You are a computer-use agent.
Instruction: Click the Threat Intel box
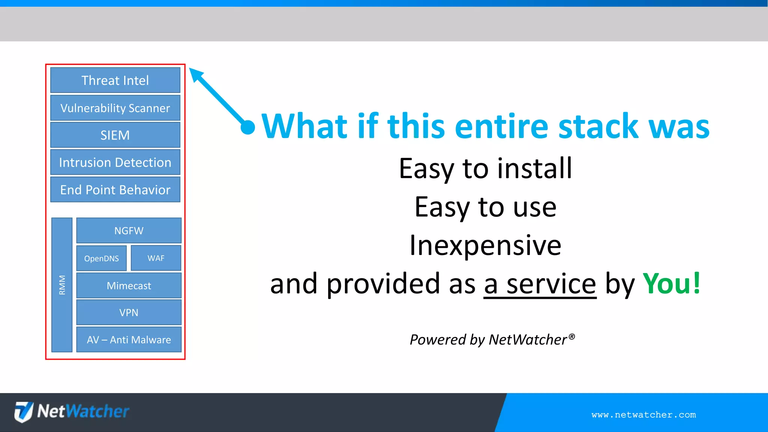pyautogui.click(x=115, y=80)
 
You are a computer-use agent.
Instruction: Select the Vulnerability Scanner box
pyautogui.click(x=115, y=108)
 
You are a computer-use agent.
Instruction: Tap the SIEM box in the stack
pyautogui.click(x=115, y=135)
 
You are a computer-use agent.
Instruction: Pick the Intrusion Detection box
pyautogui.click(x=115, y=162)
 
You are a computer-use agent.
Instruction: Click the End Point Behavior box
pyautogui.click(x=115, y=190)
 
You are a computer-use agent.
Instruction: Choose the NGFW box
pyautogui.click(x=129, y=231)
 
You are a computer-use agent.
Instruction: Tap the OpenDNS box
pyautogui.click(x=101, y=258)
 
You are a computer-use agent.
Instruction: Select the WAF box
pyautogui.click(x=156, y=258)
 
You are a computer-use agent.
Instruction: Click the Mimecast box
pyautogui.click(x=129, y=286)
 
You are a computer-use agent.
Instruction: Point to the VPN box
pyautogui.click(x=129, y=312)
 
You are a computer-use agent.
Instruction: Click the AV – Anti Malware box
pyautogui.click(x=129, y=340)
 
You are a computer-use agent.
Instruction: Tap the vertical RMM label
pyautogui.click(x=62, y=285)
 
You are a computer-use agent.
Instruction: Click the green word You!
pyautogui.click(x=671, y=283)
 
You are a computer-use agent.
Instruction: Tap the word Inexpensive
pyautogui.click(x=485, y=245)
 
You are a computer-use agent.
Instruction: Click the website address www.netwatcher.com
pyautogui.click(x=643, y=415)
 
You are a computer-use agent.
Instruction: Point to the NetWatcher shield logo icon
pyautogui.click(x=24, y=411)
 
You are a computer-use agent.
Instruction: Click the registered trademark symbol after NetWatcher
pyautogui.click(x=571, y=336)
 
